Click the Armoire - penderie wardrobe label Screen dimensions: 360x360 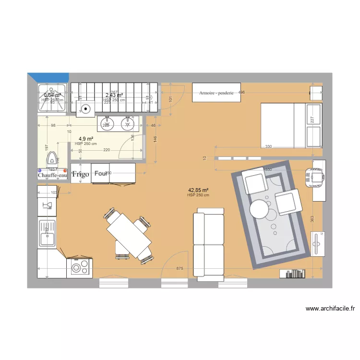[216, 93]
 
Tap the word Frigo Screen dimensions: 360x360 [81, 174]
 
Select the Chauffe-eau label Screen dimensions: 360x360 [53, 175]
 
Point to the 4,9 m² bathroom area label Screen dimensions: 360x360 [86, 139]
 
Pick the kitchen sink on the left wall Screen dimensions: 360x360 [47, 233]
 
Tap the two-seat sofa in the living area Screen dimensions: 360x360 [209, 244]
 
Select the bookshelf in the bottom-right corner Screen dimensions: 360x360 [292, 274]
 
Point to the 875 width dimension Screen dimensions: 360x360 [179, 268]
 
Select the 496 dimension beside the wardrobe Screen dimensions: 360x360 [241, 92]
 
